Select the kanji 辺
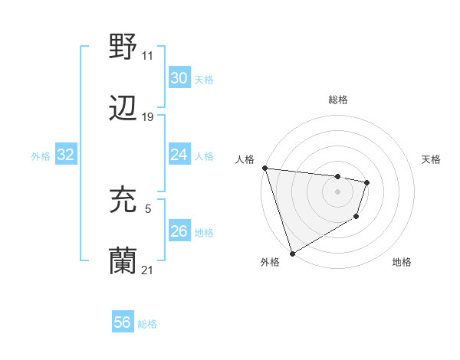click(x=123, y=109)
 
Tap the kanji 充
click(x=123, y=200)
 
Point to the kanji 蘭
click(x=123, y=262)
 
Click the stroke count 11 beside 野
click(x=148, y=55)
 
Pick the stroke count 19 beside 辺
click(x=148, y=117)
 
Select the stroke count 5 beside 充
click(x=148, y=208)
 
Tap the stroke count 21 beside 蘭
click(x=148, y=270)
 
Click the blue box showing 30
click(x=179, y=78)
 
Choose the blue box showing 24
click(x=179, y=155)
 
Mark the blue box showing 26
click(x=179, y=231)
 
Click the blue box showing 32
click(x=66, y=155)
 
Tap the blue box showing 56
click(x=122, y=322)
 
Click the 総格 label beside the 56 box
click(x=147, y=324)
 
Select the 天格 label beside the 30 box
click(x=203, y=80)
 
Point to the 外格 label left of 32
click(x=41, y=156)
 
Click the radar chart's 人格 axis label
click(x=245, y=159)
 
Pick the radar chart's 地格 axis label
click(x=402, y=263)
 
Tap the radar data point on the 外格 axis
click(x=292, y=253)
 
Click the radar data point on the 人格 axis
click(x=264, y=168)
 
